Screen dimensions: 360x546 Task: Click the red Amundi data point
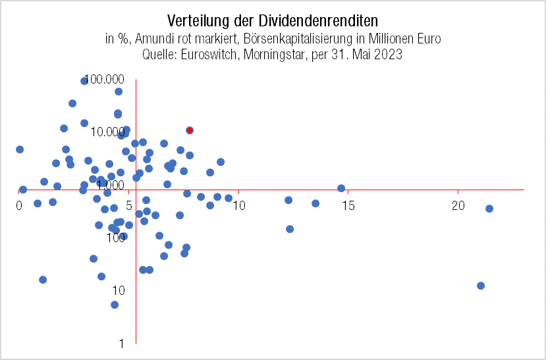click(190, 130)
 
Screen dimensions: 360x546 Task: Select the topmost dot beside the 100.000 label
click(84, 81)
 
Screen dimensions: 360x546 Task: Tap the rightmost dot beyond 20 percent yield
click(489, 209)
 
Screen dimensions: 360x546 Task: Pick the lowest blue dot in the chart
click(115, 305)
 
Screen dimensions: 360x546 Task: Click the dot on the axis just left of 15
click(341, 188)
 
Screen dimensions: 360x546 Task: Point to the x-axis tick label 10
click(239, 206)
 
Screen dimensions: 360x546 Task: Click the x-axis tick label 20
click(458, 206)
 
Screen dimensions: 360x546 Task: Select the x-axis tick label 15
click(348, 206)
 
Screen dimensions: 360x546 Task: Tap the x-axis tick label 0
click(19, 206)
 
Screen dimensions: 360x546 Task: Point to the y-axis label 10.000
click(110, 132)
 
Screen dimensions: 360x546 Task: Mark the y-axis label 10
click(119, 290)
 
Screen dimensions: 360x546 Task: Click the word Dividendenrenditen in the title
click(317, 22)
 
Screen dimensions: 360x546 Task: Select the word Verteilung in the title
click(196, 22)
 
